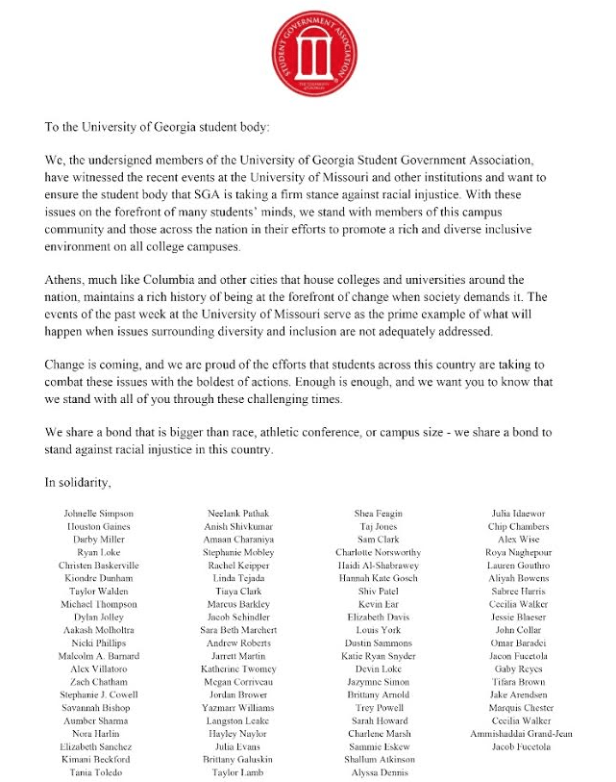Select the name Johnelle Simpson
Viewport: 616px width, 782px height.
[x=98, y=515]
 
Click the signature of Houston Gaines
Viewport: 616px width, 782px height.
[x=98, y=527]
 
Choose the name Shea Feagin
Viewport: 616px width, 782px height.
[x=378, y=515]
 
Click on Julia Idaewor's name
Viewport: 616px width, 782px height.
[x=520, y=515]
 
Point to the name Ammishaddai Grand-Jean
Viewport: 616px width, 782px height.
[x=520, y=734]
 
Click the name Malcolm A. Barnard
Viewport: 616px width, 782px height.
[x=98, y=656]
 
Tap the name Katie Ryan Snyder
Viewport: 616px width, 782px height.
[x=378, y=656]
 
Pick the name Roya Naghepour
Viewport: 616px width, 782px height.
[x=520, y=553]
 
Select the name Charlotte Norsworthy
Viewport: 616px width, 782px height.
[x=378, y=553]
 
